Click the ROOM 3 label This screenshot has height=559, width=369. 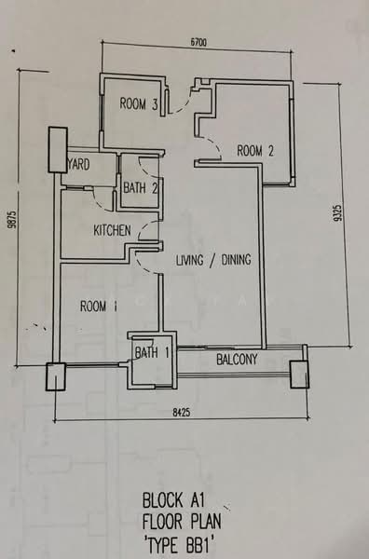[139, 103]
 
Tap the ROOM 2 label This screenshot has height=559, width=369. [255, 151]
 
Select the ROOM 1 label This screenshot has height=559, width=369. [99, 307]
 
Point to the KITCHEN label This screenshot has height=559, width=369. [113, 231]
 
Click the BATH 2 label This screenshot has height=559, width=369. [140, 187]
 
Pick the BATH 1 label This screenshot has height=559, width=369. [152, 352]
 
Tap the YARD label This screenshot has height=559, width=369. [78, 164]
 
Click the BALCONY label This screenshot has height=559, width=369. [237, 360]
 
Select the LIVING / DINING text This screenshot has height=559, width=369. [213, 260]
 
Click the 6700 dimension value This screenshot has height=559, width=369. [198, 43]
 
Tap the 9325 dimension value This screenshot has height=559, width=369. [337, 212]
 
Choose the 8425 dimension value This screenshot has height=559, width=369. [182, 413]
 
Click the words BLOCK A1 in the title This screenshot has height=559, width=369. [173, 500]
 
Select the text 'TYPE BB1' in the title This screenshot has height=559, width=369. [181, 546]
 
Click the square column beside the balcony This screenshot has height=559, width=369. [299, 375]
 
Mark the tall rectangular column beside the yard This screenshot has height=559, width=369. [58, 150]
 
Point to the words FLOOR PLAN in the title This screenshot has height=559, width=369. [182, 523]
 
